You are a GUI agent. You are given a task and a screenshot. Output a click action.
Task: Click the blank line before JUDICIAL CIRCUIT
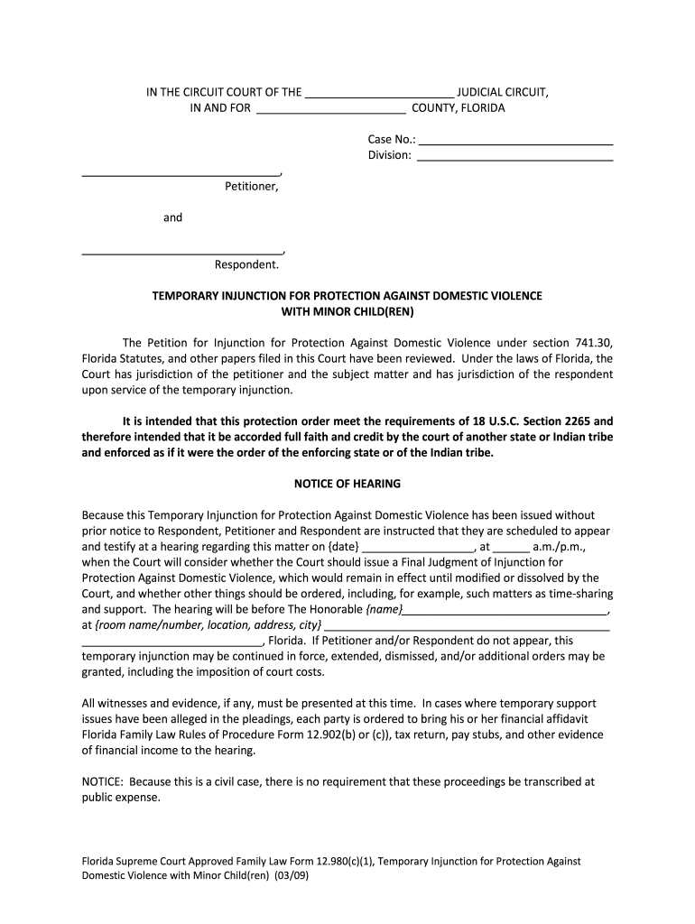coord(379,92)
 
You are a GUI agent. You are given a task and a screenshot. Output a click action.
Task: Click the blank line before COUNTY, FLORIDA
coord(331,109)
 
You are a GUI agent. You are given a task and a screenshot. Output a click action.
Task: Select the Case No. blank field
coord(516,141)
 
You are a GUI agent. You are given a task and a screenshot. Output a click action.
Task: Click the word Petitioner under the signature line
coord(252,187)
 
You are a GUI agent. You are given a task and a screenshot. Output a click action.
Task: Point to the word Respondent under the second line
coord(246,264)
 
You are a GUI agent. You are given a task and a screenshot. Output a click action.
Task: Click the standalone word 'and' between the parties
coord(172,217)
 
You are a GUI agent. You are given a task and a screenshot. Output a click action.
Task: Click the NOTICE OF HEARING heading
coord(347,484)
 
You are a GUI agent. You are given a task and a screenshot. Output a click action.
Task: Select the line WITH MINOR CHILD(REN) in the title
coord(347,311)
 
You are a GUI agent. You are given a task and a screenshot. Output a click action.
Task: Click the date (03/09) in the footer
coord(293,876)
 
